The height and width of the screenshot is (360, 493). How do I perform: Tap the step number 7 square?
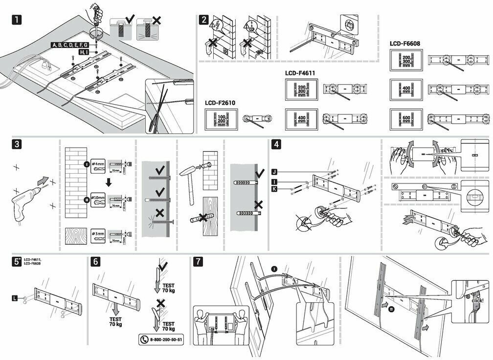coord(197,261)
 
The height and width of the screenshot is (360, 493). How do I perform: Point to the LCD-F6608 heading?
coord(404,43)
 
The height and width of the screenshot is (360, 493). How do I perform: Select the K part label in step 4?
coord(275,189)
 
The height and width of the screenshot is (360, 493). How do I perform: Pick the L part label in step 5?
coord(16,297)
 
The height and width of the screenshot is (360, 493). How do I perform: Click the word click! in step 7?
coord(479,300)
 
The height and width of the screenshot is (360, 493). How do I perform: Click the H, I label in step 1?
coord(84,52)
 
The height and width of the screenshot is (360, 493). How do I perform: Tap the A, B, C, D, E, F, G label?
coord(70,45)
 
